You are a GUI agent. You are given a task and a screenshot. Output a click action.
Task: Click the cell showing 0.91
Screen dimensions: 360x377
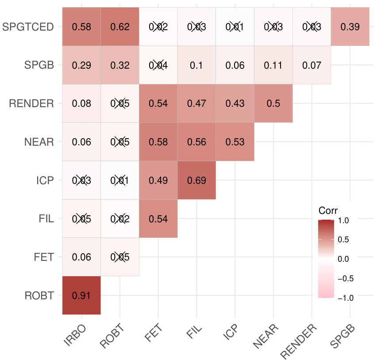[81, 296]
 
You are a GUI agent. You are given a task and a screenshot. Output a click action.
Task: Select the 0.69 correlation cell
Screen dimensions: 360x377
[196, 181]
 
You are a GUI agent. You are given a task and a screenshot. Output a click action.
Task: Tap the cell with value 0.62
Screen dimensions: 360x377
[120, 27]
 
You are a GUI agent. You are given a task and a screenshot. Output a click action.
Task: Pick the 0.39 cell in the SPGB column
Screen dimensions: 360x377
[350, 27]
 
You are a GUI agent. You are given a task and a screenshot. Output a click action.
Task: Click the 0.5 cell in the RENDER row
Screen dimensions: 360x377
[273, 104]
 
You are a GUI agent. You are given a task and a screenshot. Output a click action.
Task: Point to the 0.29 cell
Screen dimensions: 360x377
[81, 65]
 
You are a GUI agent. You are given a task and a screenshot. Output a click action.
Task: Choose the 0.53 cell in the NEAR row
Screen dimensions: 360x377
[235, 142]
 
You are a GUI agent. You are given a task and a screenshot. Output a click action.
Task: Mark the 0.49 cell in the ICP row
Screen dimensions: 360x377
[158, 181]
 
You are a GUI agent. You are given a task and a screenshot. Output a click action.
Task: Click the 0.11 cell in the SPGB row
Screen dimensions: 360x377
[273, 65]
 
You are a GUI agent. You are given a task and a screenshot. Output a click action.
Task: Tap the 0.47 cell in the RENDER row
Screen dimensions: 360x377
[196, 104]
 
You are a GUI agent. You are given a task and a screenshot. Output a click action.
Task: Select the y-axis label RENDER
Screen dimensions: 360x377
[31, 104]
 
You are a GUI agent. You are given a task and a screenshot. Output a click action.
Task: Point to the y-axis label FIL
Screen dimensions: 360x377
[46, 219]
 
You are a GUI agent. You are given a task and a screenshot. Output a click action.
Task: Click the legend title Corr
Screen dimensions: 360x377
[328, 210]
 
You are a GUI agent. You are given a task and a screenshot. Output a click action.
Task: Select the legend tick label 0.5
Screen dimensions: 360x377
[343, 240]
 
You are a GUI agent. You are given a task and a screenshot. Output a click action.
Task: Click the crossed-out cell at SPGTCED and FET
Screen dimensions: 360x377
[158, 27]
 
